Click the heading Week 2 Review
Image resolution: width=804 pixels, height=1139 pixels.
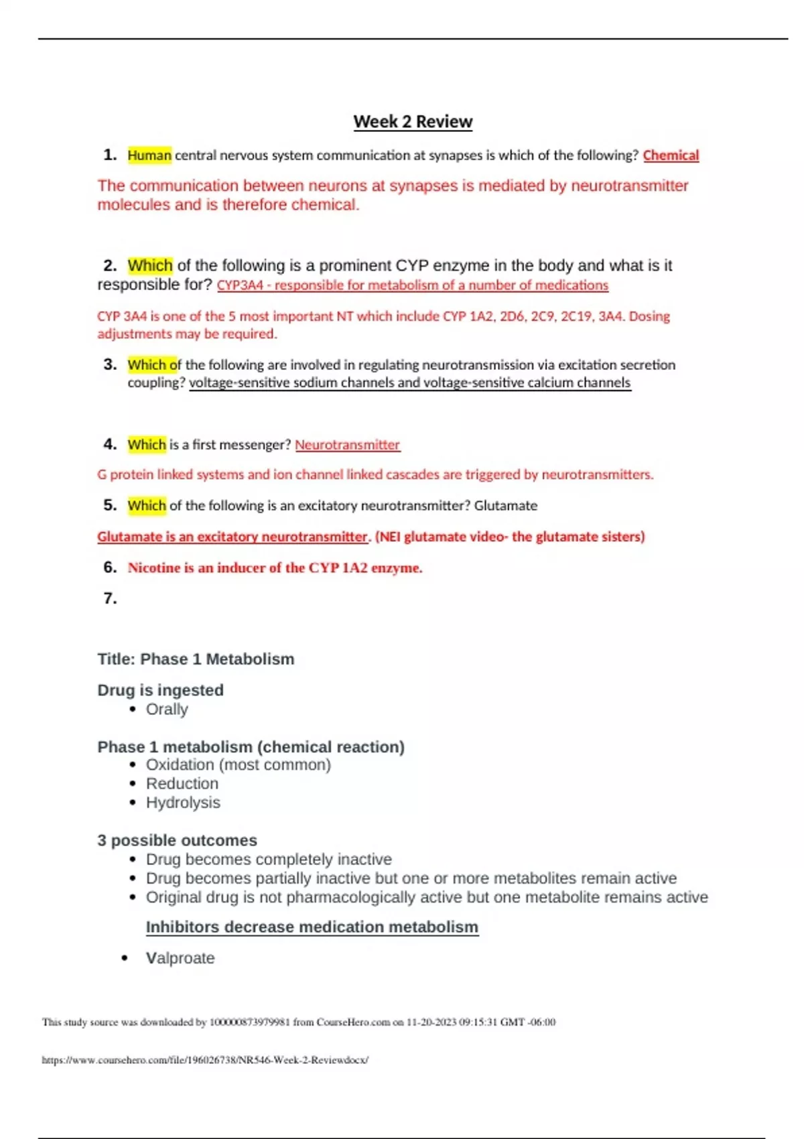(x=413, y=122)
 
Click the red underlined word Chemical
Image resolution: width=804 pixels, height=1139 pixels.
(x=671, y=155)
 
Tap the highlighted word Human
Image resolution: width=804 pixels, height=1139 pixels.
(x=149, y=155)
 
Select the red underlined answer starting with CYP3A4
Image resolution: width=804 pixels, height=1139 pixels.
(x=412, y=285)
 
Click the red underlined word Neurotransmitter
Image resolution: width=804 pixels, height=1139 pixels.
(x=347, y=445)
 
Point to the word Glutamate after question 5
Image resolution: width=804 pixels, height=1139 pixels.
(x=506, y=506)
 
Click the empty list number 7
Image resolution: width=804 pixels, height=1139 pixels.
(x=110, y=598)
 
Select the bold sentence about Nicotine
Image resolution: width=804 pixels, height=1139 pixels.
(x=275, y=568)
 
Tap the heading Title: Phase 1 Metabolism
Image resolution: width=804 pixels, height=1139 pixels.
(x=196, y=659)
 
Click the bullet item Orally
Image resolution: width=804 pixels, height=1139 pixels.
(x=167, y=710)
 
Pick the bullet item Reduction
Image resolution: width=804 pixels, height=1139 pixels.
(x=182, y=784)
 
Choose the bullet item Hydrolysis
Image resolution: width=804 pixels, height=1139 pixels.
(x=183, y=803)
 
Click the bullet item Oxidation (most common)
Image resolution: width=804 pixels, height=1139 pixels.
(x=239, y=765)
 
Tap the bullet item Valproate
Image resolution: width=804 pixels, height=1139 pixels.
(x=180, y=958)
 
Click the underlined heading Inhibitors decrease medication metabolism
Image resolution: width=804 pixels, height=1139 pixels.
(x=312, y=927)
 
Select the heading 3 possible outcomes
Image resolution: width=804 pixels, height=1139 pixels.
(x=177, y=840)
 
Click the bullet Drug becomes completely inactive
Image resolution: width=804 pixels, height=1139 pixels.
(x=269, y=860)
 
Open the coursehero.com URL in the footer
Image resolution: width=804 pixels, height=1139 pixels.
(x=205, y=1060)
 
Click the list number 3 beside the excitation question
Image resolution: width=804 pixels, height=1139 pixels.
(x=110, y=364)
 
